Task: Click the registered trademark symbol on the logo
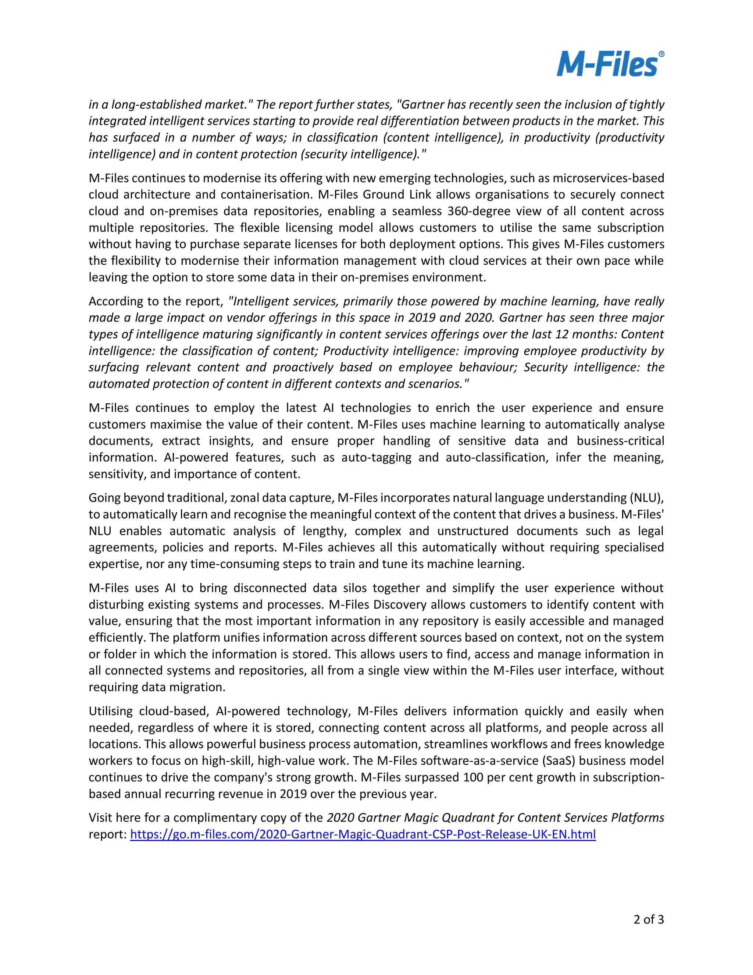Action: tap(661, 54)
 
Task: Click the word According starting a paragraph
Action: tap(115, 301)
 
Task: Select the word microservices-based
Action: tap(608, 178)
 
